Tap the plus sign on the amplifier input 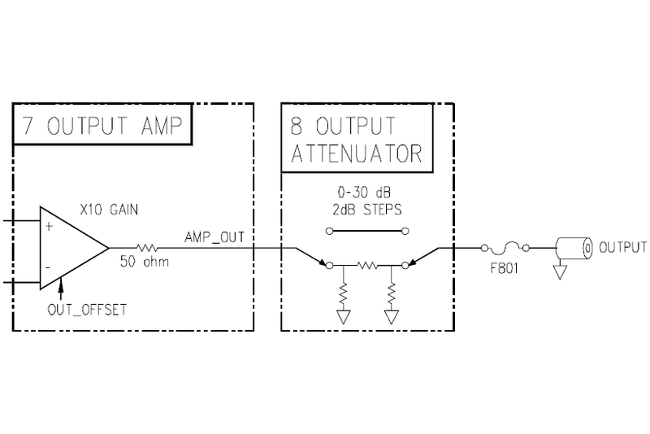[48, 227]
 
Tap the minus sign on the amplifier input [48, 266]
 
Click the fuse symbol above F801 [504, 245]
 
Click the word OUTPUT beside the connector [622, 247]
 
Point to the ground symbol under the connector [558, 274]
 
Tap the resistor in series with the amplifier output [149, 245]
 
